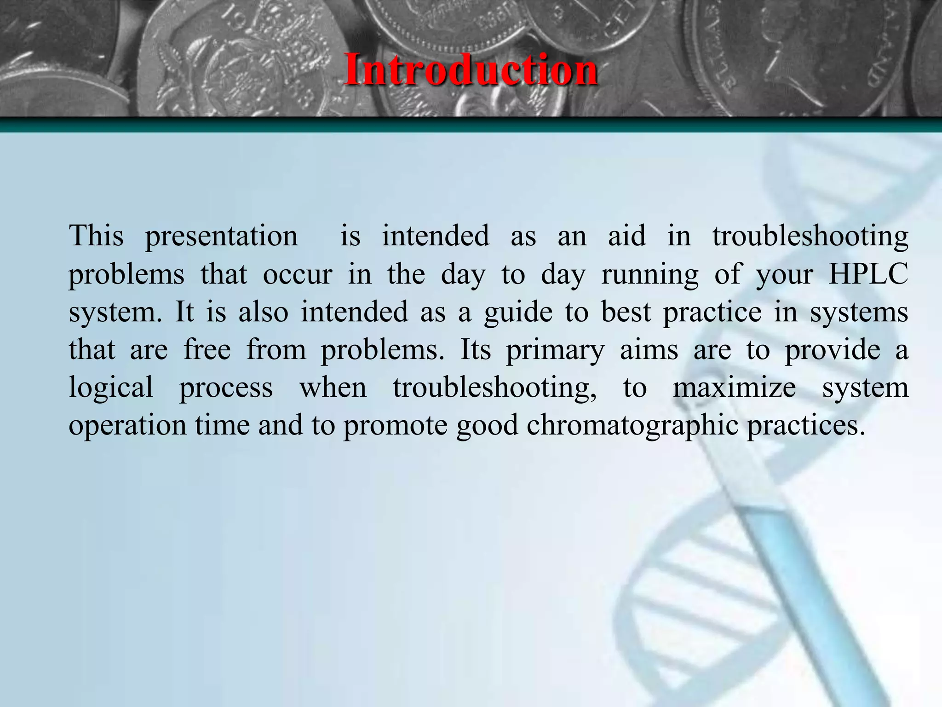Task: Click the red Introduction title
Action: (471, 70)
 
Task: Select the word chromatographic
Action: (632, 425)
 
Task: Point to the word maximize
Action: (734, 388)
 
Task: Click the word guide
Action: (518, 313)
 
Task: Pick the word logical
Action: (111, 388)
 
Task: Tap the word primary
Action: (555, 351)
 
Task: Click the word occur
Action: (297, 275)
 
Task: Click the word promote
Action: (395, 425)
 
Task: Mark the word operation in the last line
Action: (127, 425)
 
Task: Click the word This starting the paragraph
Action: (96, 237)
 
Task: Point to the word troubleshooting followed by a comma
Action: (495, 388)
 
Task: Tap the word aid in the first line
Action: (627, 237)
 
